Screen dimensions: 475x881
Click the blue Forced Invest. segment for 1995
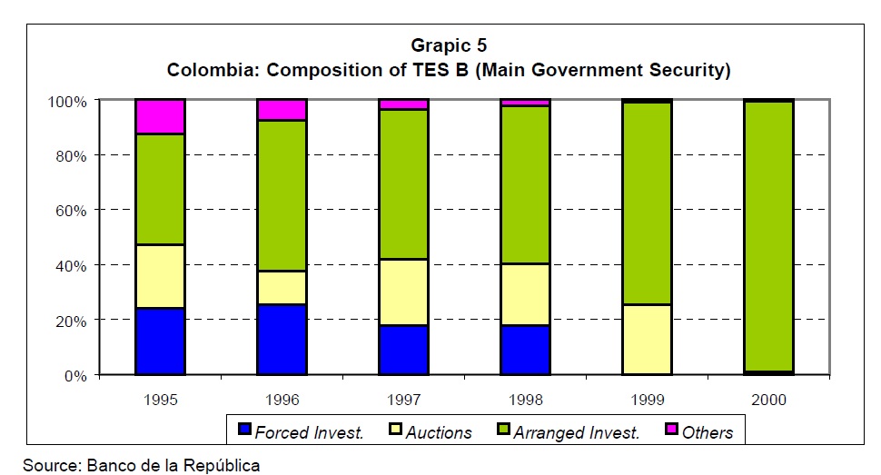coord(160,341)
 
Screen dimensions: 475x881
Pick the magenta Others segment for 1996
coord(282,110)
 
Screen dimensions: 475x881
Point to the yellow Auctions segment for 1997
coord(403,292)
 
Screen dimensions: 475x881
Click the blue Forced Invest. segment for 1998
coord(525,350)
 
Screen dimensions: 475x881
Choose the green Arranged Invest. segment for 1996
coord(282,195)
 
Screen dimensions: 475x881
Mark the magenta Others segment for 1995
coord(160,116)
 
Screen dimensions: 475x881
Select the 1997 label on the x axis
coord(403,400)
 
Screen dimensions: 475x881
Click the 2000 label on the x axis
coord(768,400)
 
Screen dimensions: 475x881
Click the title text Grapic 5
coord(449,45)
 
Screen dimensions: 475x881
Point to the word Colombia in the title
coord(208,70)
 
